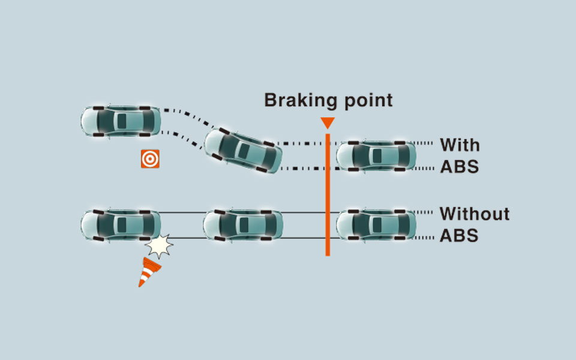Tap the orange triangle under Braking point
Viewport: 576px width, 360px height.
coord(327,123)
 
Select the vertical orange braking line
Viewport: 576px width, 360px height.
coord(328,198)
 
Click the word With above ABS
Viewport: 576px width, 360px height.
coord(460,145)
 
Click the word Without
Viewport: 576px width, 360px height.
coord(474,214)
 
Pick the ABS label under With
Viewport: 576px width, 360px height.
coord(459,166)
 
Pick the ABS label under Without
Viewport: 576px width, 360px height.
coord(459,235)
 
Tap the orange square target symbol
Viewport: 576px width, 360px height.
coord(150,158)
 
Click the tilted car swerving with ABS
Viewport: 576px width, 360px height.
coord(244,149)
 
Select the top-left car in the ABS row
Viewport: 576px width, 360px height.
coord(121,121)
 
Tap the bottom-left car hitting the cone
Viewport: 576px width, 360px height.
coord(121,225)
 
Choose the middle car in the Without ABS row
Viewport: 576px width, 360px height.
coord(242,225)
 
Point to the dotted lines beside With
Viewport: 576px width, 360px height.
coord(424,155)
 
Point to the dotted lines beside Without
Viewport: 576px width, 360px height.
coord(424,225)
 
